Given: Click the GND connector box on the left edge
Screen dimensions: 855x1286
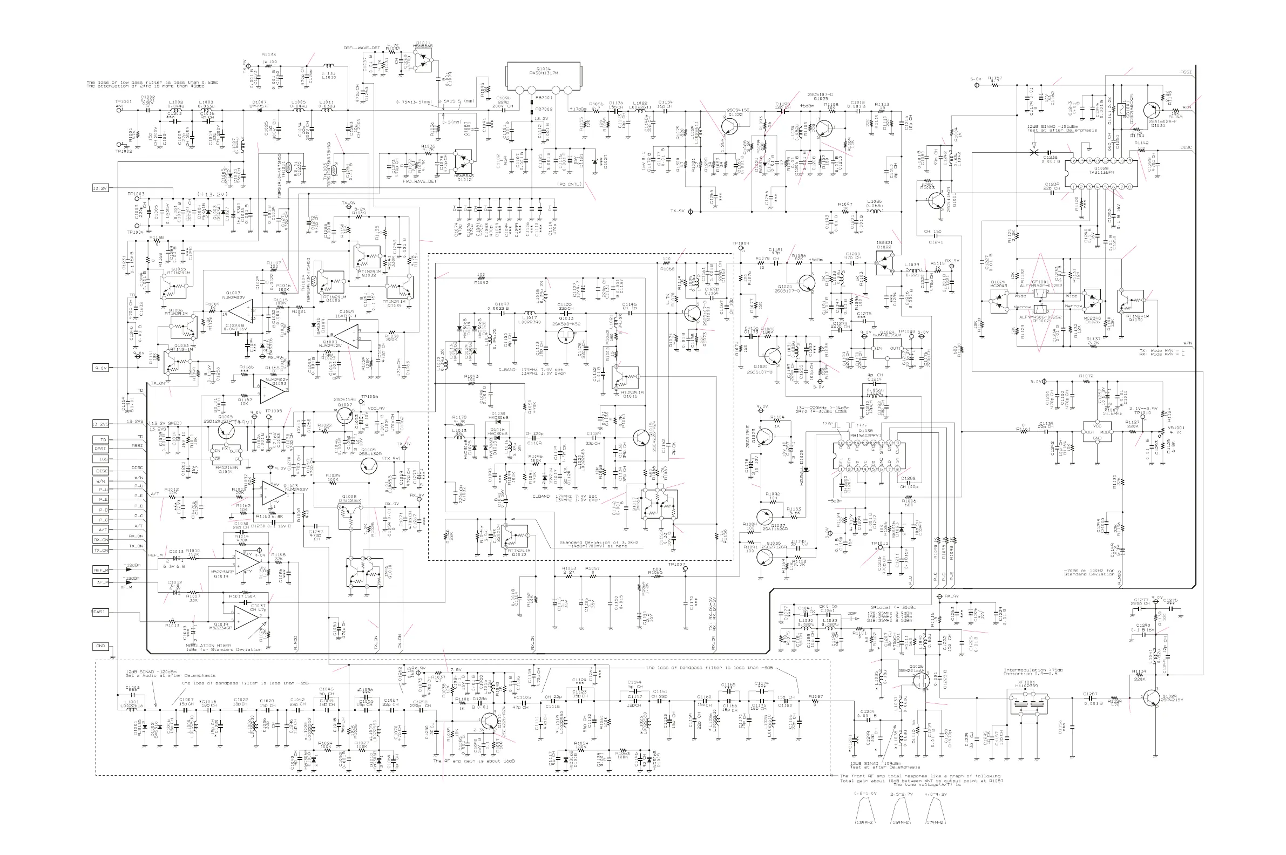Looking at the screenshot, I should [x=100, y=647].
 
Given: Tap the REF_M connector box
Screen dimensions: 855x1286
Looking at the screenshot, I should [x=100, y=570].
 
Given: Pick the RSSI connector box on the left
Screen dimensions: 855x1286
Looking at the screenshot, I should [x=100, y=449].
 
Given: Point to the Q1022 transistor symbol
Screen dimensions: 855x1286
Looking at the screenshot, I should [x=730, y=125].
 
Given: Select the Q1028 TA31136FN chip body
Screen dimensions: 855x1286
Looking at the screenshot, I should [x=1102, y=173].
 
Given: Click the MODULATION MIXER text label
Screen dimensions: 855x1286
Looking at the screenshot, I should [x=209, y=646].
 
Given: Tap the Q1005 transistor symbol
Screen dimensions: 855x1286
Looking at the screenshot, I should [x=226, y=430].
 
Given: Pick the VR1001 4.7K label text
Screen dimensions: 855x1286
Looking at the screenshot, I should [x=1176, y=430].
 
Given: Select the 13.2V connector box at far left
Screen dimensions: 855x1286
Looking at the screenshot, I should [x=100, y=188].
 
